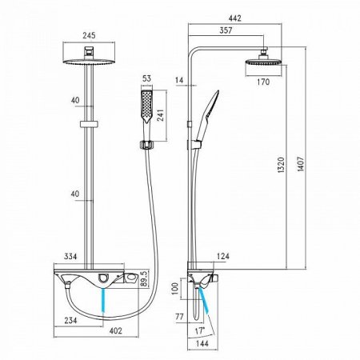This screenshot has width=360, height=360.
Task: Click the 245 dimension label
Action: [x=89, y=35]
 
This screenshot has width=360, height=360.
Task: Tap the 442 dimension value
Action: [x=235, y=18]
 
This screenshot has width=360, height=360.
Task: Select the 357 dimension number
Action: [x=226, y=30]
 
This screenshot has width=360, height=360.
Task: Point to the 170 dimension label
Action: [x=263, y=82]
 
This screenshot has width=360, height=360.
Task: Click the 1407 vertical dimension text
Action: [x=301, y=164]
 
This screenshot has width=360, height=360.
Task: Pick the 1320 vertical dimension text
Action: [x=281, y=166]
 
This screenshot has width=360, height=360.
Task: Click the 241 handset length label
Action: [x=161, y=115]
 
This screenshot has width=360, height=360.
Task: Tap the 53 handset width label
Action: [x=146, y=78]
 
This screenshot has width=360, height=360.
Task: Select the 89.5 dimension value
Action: [x=144, y=278]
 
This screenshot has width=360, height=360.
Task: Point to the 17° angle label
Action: [x=200, y=331]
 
